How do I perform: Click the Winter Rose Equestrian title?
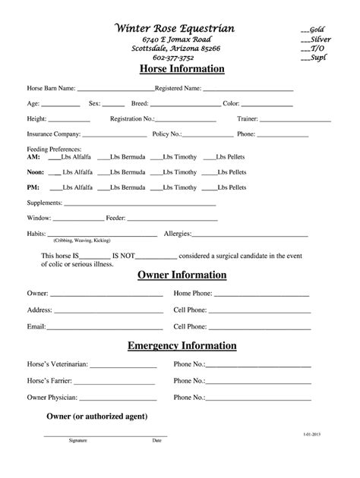tap(174, 28)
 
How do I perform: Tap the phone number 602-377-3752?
tap(174, 58)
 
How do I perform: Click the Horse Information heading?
tap(182, 70)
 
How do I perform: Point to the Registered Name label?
tap(178, 88)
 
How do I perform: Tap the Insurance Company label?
tap(53, 134)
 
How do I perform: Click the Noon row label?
tap(35, 172)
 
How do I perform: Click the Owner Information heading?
tap(182, 275)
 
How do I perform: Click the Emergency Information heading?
tap(182, 346)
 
